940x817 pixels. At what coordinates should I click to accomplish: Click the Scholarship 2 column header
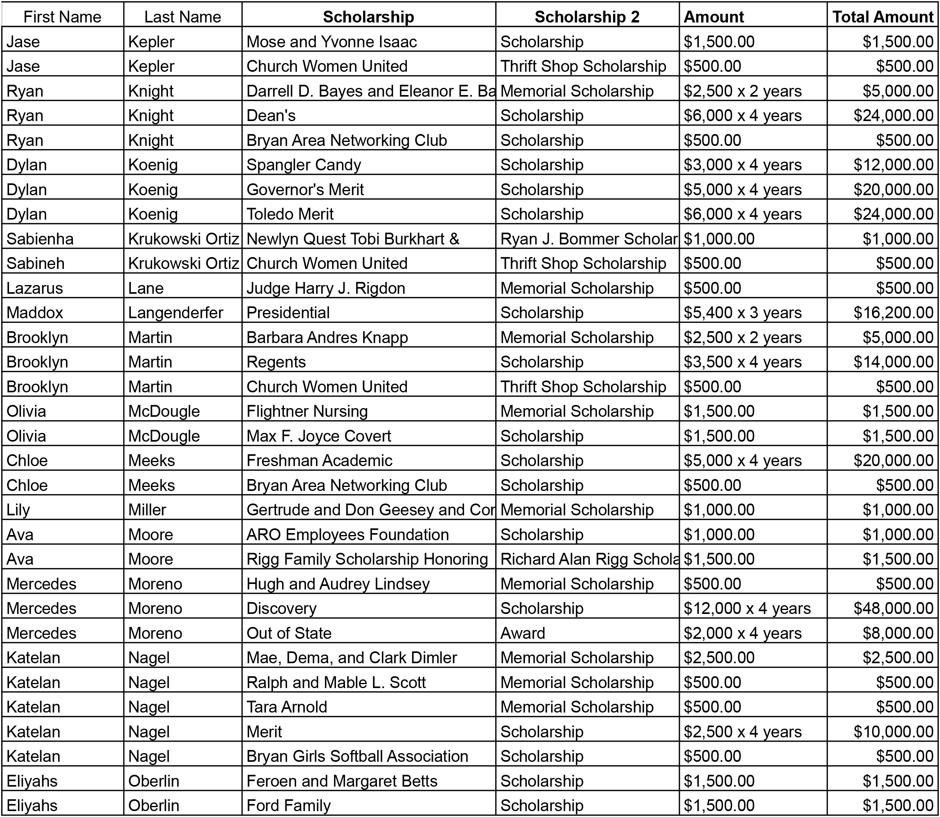(587, 17)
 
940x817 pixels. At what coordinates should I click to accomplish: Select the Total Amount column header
(882, 17)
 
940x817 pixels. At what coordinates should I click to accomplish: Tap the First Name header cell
(62, 17)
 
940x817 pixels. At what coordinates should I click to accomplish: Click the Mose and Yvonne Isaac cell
(332, 41)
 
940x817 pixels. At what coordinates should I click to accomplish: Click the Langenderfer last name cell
(175, 312)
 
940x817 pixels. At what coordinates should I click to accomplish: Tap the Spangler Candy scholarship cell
(304, 164)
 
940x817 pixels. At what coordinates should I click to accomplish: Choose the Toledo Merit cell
(290, 214)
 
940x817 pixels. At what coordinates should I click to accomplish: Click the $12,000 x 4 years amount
(747, 608)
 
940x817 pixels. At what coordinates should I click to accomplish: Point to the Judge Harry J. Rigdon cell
(325, 288)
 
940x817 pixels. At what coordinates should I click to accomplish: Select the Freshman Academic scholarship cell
(319, 460)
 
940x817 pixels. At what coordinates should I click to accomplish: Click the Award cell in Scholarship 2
(522, 633)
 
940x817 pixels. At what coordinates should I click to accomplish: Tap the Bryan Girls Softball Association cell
(357, 756)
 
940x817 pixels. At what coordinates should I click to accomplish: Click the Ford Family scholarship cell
(288, 805)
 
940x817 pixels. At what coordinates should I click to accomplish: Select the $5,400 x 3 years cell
(742, 312)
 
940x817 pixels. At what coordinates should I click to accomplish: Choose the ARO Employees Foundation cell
(347, 534)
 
